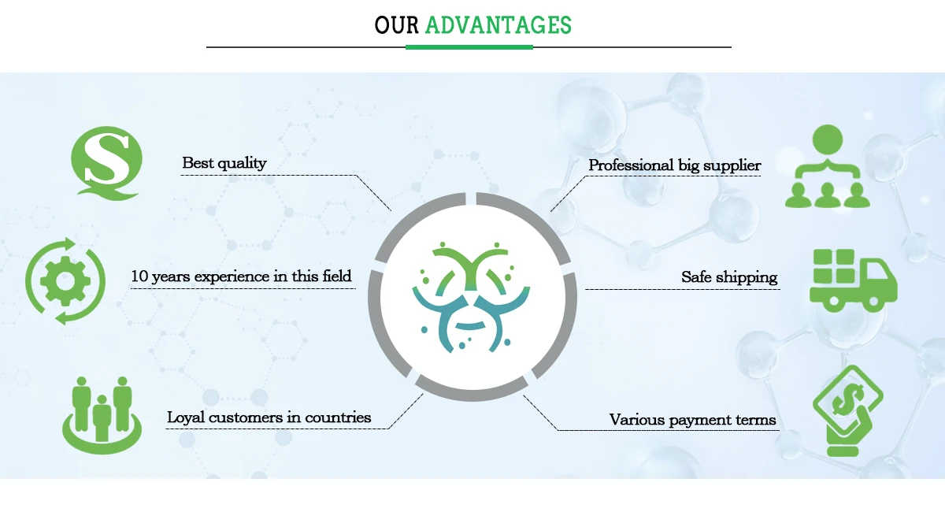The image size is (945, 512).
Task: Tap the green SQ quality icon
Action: pyautogui.click(x=106, y=161)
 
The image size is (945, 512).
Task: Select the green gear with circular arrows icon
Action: pyautogui.click(x=65, y=280)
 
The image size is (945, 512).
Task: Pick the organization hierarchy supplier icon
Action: pyautogui.click(x=828, y=167)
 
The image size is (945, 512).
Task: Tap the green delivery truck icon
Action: pyautogui.click(x=853, y=280)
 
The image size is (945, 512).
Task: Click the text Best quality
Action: pyautogui.click(x=224, y=163)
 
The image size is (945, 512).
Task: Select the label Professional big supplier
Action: pyautogui.click(x=674, y=165)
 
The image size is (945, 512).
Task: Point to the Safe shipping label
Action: pyautogui.click(x=729, y=277)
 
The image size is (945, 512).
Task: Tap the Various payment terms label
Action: pyautogui.click(x=692, y=420)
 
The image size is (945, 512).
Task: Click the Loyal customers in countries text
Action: pyautogui.click(x=269, y=417)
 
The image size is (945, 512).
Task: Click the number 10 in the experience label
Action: pyautogui.click(x=139, y=276)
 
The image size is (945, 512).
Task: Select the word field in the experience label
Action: pyautogui.click(x=335, y=276)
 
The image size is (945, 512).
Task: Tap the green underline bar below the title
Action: pyautogui.click(x=469, y=47)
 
